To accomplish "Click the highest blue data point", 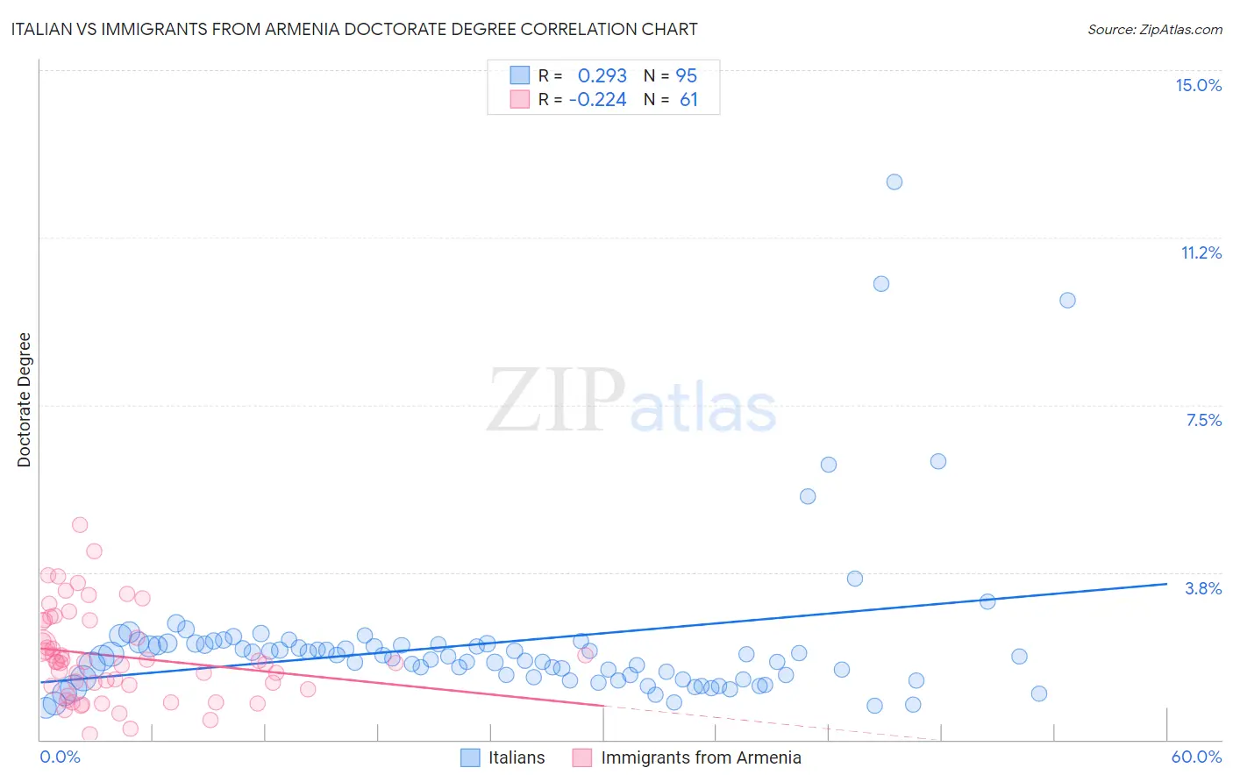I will [894, 182].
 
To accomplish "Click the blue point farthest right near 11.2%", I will [1066, 300].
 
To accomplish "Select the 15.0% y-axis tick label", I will [1198, 85].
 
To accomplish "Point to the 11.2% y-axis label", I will [1201, 252].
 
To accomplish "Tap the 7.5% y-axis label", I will [1203, 420].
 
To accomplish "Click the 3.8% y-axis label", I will [1203, 588].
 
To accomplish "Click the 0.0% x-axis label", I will [60, 757].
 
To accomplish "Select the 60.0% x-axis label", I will [1195, 757].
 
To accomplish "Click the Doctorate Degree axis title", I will [25, 400].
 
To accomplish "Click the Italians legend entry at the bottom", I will [516, 757].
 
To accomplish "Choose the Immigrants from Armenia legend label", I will [701, 757].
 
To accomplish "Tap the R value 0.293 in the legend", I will [602, 76].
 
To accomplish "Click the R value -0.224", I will [597, 100].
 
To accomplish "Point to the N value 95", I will [687, 76].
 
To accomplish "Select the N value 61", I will [688, 100].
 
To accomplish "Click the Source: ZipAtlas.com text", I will [1154, 30].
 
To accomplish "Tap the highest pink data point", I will [80, 524].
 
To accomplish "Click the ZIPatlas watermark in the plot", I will [631, 401].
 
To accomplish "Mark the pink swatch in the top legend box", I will [520, 99].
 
